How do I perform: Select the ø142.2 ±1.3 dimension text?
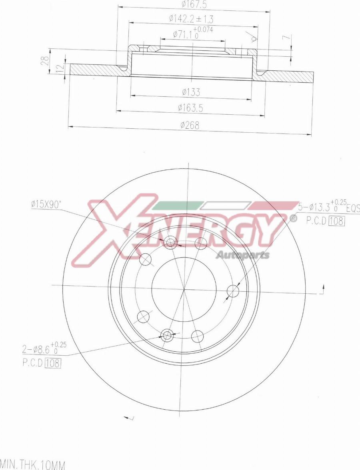191,19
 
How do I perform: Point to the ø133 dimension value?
190,92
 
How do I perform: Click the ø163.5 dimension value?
190,108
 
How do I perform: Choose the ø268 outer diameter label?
189,125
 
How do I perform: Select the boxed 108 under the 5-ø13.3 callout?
336,221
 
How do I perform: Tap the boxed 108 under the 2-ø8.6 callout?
53,363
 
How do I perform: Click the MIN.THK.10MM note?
33,465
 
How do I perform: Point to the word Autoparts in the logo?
242,255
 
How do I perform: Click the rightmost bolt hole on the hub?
233,291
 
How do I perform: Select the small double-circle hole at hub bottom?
167,335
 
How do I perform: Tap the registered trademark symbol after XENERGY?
293,218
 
